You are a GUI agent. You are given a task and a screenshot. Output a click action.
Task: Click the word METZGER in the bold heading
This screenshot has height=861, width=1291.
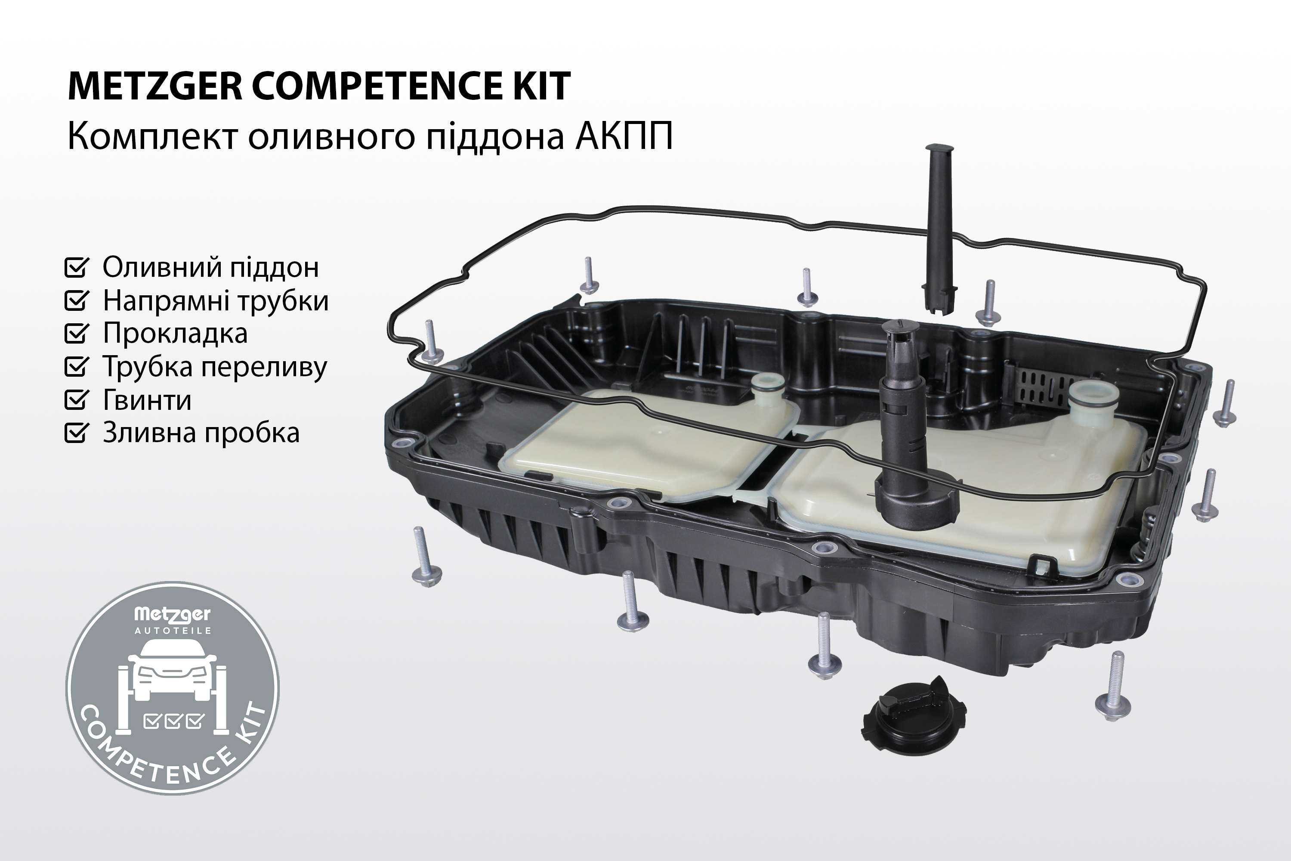coord(155,86)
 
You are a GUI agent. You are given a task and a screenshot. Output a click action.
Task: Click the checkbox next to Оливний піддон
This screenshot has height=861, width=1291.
coord(76,267)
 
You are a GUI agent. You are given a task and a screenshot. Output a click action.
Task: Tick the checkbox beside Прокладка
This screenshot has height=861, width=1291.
coord(76,333)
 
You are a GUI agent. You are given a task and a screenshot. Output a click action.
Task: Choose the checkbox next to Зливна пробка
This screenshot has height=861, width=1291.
coord(76,432)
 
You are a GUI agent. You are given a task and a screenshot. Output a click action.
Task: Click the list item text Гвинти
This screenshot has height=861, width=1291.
coord(147,400)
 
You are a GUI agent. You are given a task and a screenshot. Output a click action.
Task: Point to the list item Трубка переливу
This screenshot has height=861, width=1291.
coord(215,367)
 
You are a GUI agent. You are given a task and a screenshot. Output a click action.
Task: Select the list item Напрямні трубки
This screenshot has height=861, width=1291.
coord(216,301)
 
